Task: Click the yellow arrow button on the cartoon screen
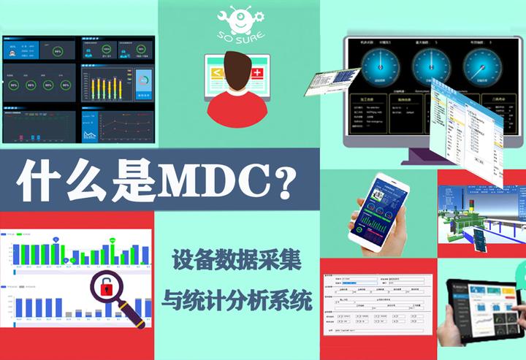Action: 217,73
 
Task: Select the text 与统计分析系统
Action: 238,299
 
